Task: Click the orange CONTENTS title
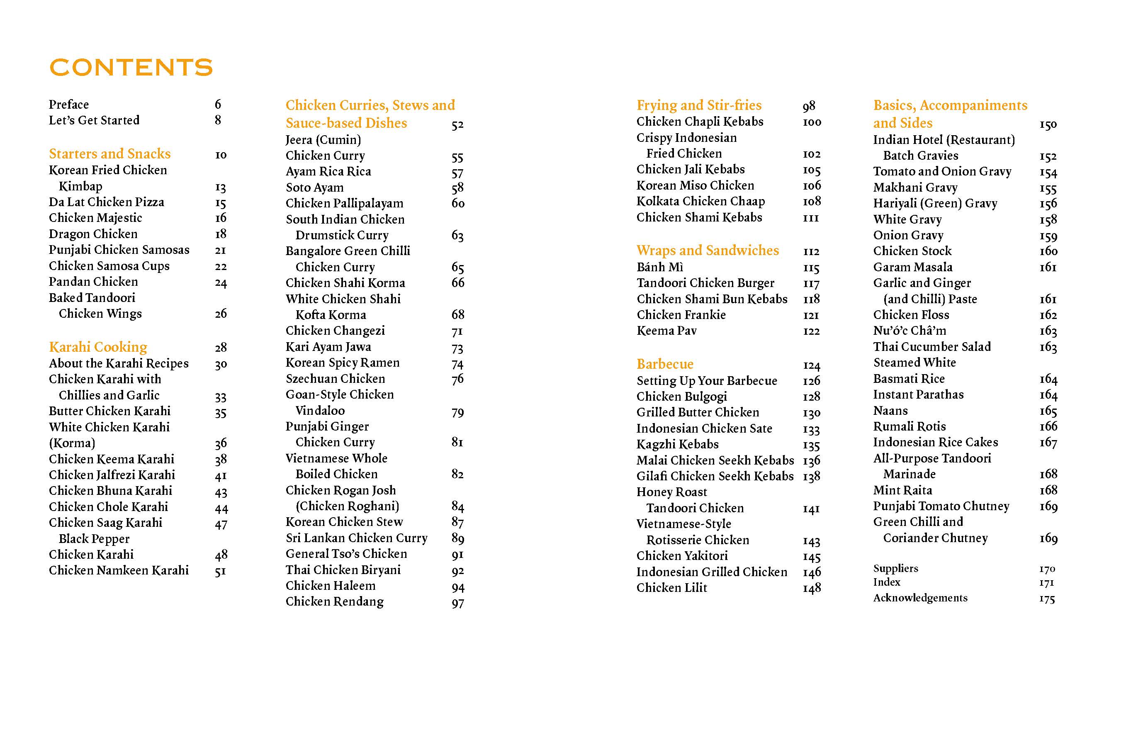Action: tap(131, 67)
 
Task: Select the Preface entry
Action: tap(69, 105)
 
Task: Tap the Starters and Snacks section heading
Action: tap(110, 154)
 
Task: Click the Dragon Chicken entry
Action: tap(93, 234)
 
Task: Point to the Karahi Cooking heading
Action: tap(98, 347)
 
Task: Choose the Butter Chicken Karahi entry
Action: tap(109, 411)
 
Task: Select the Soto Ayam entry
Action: tap(314, 187)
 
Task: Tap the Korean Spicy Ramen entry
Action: tap(343, 363)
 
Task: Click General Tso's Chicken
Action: tap(346, 554)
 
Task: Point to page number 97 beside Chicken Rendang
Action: tap(458, 603)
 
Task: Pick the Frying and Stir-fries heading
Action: tap(699, 105)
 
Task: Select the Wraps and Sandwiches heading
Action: tap(707, 251)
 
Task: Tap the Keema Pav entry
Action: tap(666, 331)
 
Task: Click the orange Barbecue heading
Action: tap(665, 364)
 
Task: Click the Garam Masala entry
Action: tap(912, 267)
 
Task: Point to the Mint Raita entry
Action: tap(902, 490)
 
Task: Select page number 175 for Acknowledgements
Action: tap(1047, 599)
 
